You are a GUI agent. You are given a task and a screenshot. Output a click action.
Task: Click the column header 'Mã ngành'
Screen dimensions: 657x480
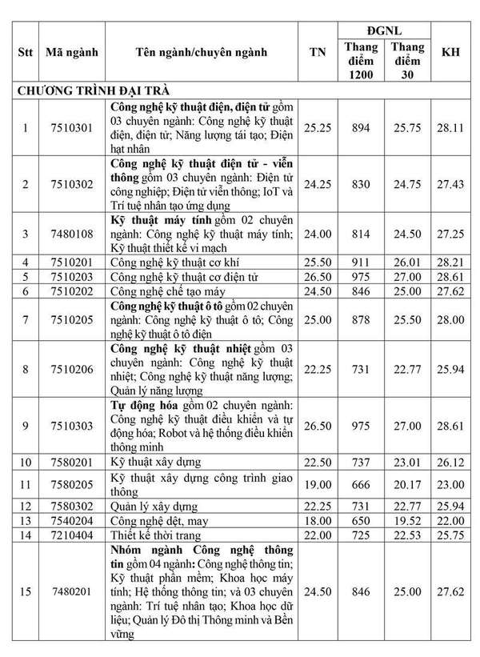click(72, 53)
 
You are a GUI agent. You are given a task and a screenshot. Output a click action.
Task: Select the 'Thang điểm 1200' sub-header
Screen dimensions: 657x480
click(362, 62)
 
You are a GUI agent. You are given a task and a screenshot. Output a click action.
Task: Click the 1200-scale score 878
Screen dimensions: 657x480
click(362, 320)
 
